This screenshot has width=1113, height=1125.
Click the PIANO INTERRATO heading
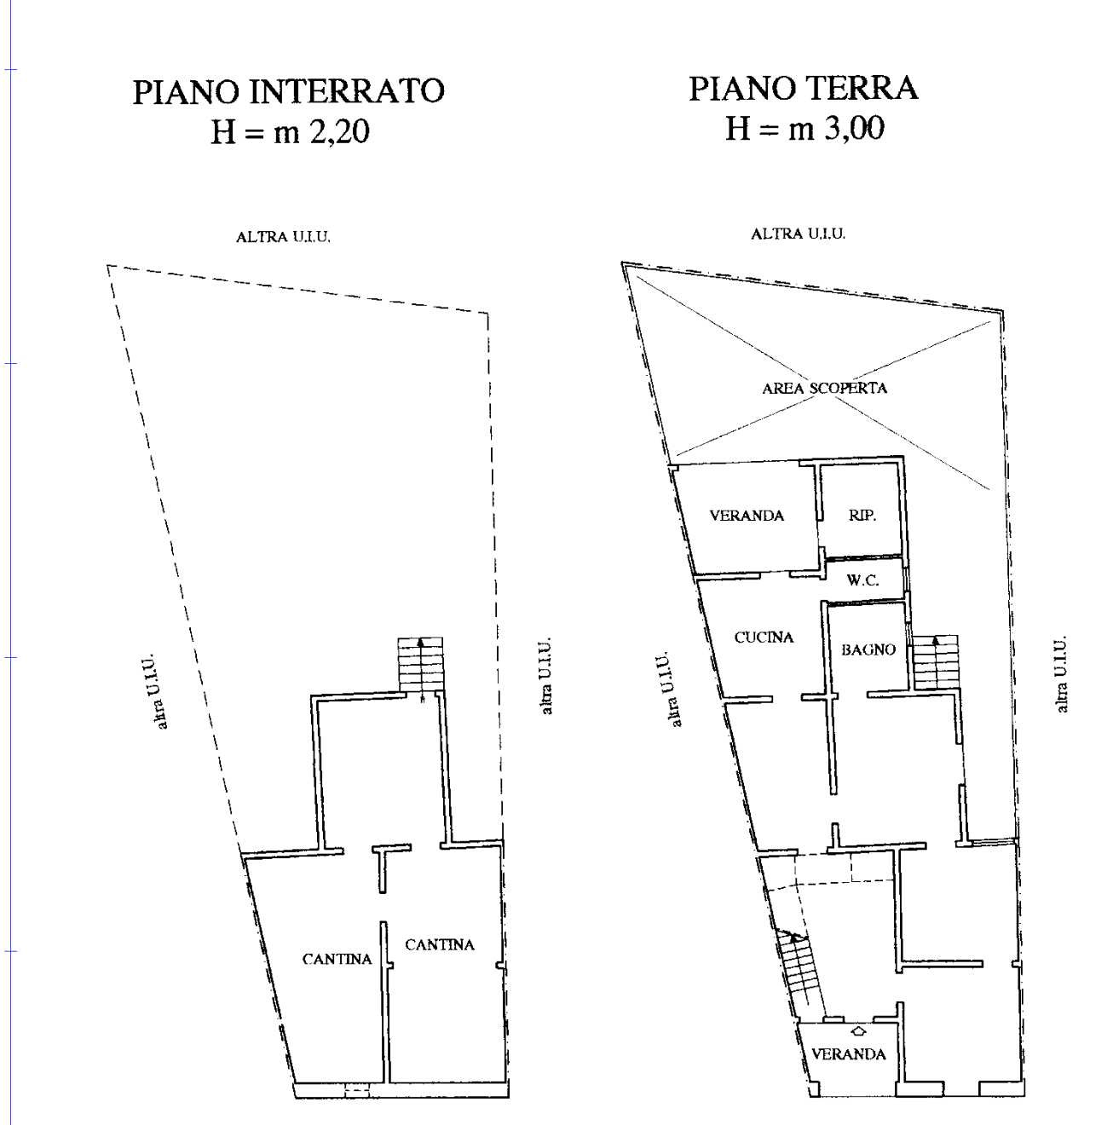(288, 92)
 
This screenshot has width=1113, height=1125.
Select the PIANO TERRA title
(803, 89)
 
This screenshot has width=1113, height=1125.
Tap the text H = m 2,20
(290, 132)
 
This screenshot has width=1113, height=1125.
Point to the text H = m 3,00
(804, 129)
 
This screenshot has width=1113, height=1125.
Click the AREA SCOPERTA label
(824, 389)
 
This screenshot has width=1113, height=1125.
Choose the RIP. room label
(862, 515)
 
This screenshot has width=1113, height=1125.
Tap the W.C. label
(862, 580)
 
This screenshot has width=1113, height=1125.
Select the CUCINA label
(764, 637)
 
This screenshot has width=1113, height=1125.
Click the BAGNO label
(868, 649)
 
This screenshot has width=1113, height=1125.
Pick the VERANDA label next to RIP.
(747, 516)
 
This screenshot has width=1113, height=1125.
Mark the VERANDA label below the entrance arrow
(849, 1054)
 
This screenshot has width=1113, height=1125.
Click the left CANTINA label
(337, 959)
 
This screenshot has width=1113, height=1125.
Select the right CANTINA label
(439, 944)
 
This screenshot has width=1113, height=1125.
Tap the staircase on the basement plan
(420, 664)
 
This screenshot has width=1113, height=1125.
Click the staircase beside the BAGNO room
(936, 661)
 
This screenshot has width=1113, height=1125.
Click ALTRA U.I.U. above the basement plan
(283, 237)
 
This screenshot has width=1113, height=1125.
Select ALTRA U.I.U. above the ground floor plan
(798, 234)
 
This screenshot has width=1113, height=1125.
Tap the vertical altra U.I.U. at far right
(1061, 673)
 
